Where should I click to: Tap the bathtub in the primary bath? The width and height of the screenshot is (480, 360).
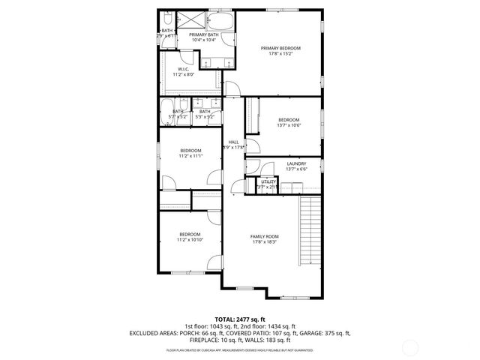click(x=219, y=21)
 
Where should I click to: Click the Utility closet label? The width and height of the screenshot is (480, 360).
click(x=268, y=181)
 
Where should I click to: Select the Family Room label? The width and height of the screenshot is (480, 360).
click(x=264, y=236)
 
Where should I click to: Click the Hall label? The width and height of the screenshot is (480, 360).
click(x=233, y=142)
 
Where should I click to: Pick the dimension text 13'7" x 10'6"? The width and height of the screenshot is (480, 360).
click(x=289, y=125)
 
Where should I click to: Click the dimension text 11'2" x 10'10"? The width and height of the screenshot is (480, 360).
click(x=189, y=240)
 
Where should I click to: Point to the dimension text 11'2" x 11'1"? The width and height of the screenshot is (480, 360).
click(x=190, y=156)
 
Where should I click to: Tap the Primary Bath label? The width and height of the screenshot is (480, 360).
click(x=202, y=34)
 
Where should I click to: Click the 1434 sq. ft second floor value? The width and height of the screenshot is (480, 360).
click(x=281, y=326)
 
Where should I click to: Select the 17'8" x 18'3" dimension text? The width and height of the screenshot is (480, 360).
click(x=264, y=241)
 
